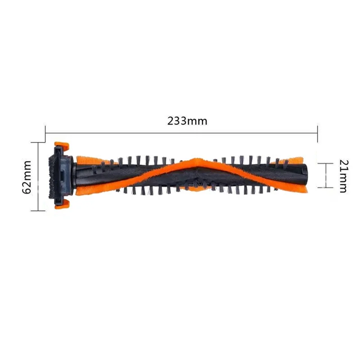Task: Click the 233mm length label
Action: point(187,121)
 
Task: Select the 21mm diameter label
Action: point(342,176)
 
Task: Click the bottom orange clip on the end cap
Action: point(62,205)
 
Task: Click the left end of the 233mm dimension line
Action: point(46,132)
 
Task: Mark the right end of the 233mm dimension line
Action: point(318,132)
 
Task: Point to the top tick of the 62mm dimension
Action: point(38,142)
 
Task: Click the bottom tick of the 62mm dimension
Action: point(38,210)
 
